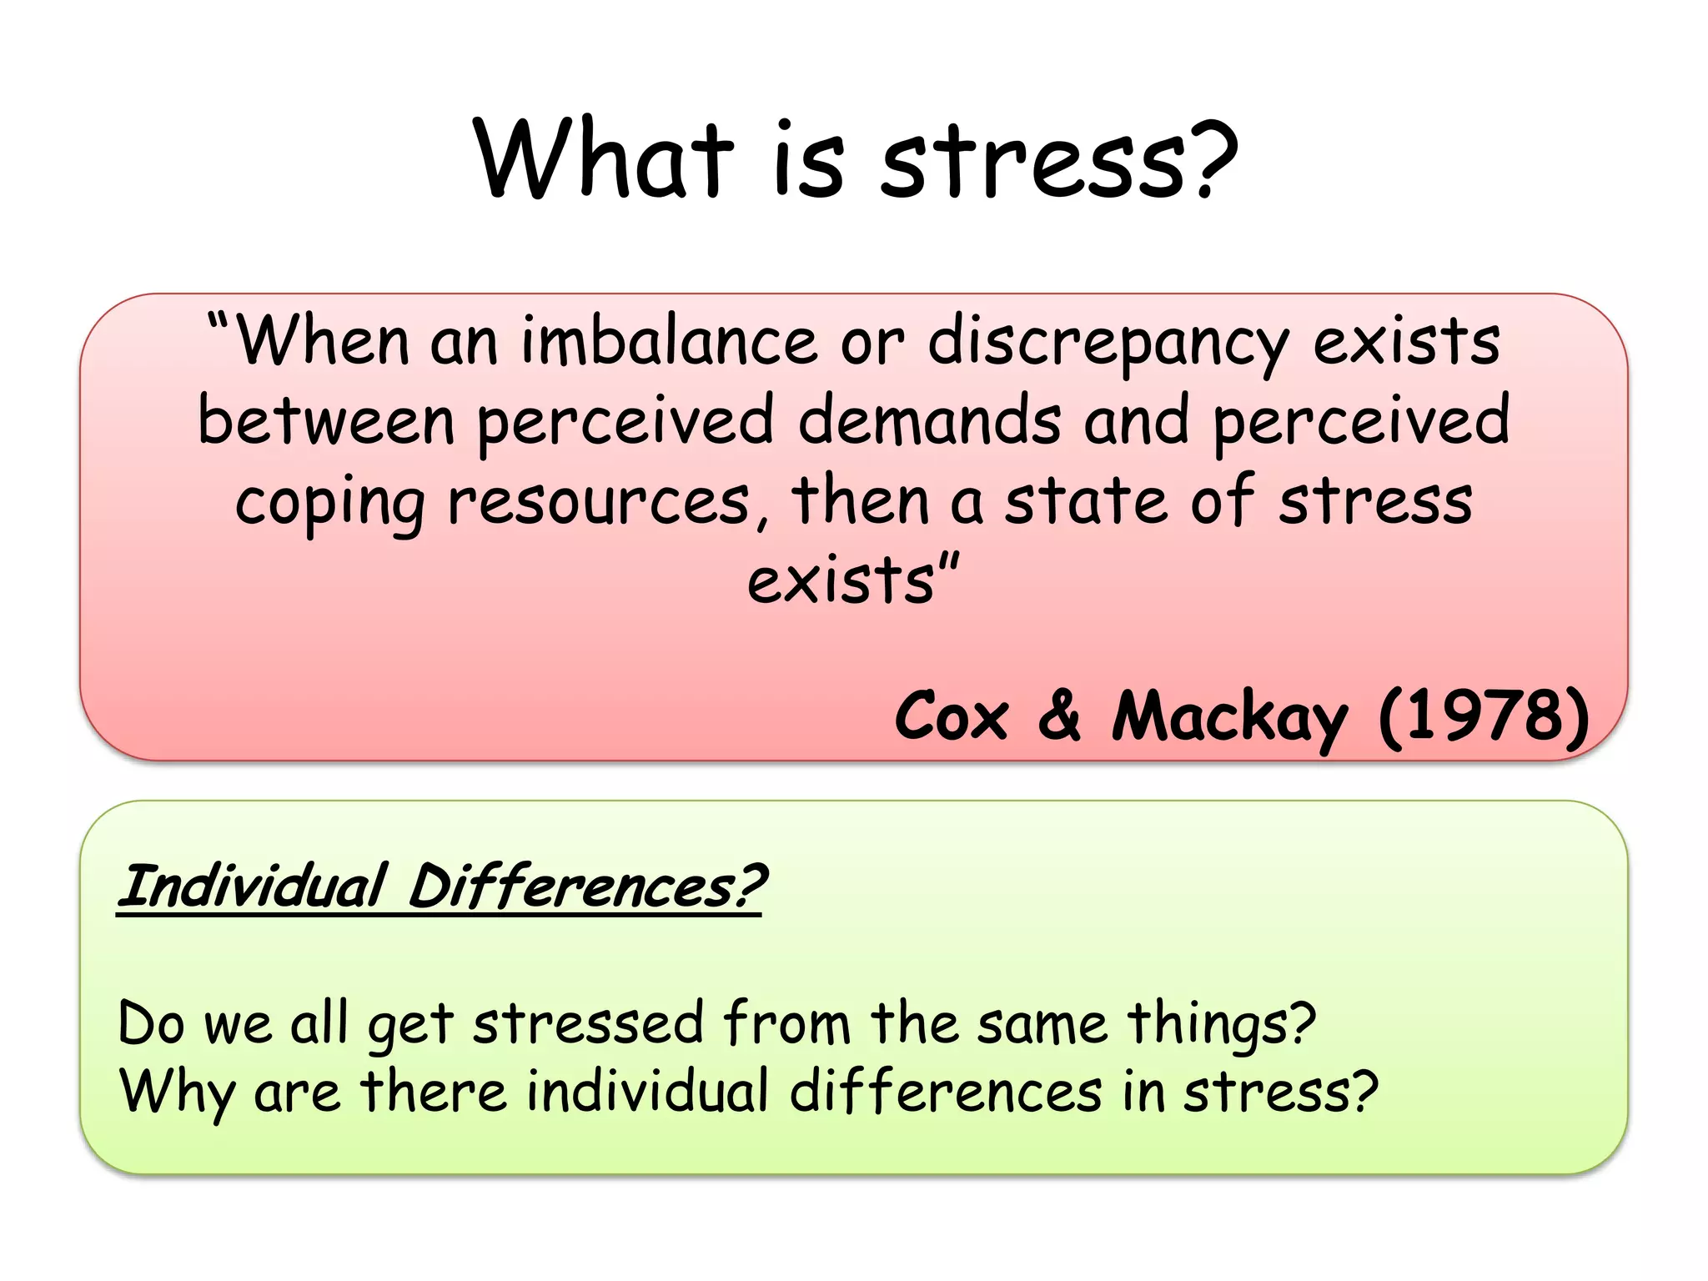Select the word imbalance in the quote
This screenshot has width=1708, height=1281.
(669, 342)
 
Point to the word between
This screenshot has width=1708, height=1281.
(326, 420)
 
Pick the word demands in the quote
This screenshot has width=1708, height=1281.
(929, 420)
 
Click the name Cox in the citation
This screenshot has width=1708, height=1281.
(952, 716)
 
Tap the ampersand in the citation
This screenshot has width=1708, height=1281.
(1060, 715)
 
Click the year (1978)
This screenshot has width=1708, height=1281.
(1484, 716)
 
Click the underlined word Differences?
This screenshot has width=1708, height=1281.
(586, 886)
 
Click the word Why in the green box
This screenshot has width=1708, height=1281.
(177, 1093)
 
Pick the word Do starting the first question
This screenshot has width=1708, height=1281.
(150, 1023)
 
